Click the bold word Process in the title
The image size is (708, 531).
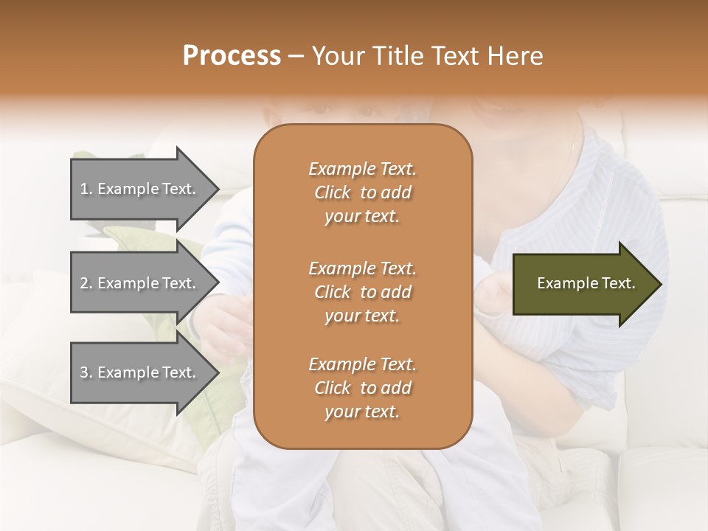click(x=232, y=56)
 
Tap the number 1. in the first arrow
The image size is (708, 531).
click(x=86, y=189)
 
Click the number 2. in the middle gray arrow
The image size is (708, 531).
click(x=86, y=283)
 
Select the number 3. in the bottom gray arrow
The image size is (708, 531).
click(x=86, y=372)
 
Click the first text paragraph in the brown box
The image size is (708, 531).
click(x=362, y=192)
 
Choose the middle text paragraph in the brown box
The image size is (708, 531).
click(x=362, y=291)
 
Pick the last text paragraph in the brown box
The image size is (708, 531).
click(x=362, y=388)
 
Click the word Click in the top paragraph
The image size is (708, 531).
click(x=333, y=192)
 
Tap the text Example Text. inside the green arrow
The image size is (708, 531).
click(x=586, y=283)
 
